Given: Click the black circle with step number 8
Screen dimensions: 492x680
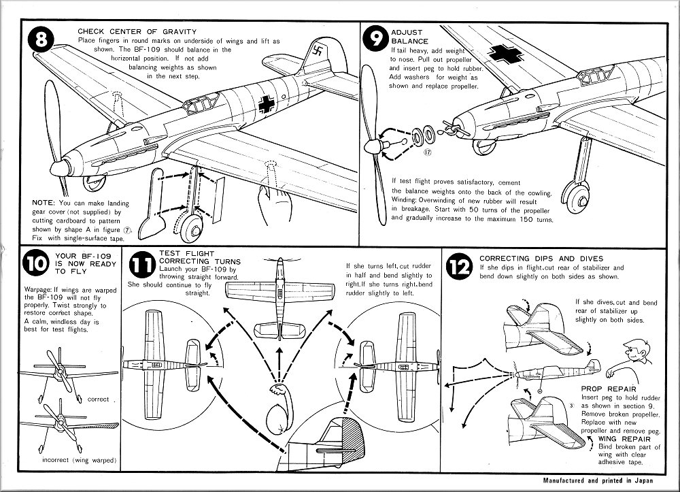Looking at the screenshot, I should (41, 42).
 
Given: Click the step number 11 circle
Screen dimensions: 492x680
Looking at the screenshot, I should (141, 266).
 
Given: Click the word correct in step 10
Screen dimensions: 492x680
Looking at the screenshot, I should (99, 399).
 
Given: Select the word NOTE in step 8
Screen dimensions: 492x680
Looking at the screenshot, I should (44, 202).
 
